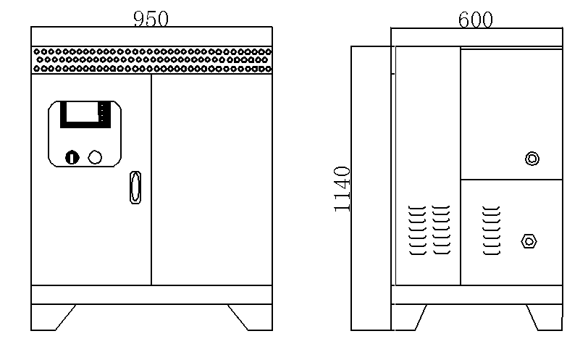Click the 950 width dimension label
tap(151, 19)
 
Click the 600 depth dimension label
tap(476, 20)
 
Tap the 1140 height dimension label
tap(342, 189)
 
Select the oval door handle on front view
tap(135, 188)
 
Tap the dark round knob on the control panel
tap(72, 157)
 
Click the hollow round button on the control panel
tap(95, 157)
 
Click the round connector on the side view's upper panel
tap(532, 159)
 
